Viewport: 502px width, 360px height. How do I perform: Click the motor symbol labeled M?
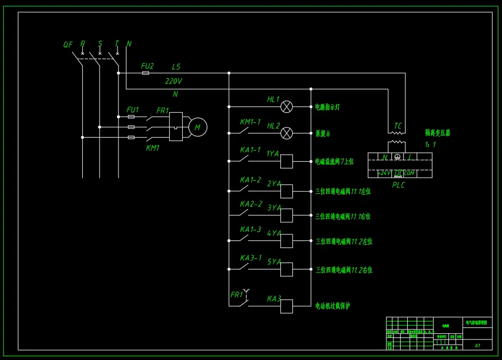tap(198, 127)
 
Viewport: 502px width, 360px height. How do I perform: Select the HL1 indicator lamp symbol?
tap(286, 106)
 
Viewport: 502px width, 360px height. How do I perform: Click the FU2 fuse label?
tap(147, 66)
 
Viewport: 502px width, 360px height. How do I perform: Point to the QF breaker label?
tap(68, 45)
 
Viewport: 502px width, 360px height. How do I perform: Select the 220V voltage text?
tap(174, 81)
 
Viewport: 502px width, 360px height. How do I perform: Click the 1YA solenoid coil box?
tap(286, 161)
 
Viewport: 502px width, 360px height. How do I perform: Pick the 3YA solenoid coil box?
tap(286, 215)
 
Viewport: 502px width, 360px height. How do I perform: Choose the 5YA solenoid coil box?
tap(286, 269)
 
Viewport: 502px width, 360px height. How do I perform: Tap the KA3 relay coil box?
tap(286, 306)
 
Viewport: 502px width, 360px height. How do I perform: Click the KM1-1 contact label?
tap(250, 122)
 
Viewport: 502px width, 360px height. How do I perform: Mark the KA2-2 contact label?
tap(251, 204)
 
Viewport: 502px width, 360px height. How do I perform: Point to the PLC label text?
tap(399, 185)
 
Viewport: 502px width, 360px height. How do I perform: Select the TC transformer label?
tap(398, 127)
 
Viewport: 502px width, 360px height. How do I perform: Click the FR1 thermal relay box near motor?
tap(175, 127)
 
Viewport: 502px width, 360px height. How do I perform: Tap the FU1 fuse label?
tap(133, 110)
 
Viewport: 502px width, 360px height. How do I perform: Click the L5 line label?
tap(176, 67)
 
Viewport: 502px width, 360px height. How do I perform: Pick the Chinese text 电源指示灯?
tap(327, 107)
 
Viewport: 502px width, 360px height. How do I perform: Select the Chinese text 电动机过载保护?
tap(332, 306)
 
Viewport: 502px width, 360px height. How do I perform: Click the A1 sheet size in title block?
tap(477, 346)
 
